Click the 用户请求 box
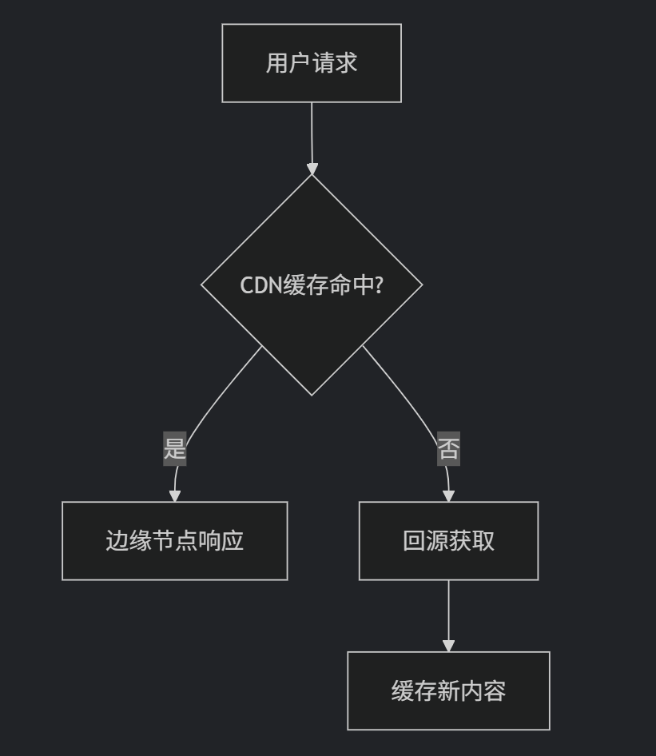point(312,63)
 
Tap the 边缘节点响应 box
point(174,541)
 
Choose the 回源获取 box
point(448,541)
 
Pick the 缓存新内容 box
point(448,690)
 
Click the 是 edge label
point(175,448)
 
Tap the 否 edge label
point(448,448)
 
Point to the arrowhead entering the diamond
point(312,169)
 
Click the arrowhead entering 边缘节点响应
point(175,495)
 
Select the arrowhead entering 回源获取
point(448,495)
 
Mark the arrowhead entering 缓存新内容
point(448,645)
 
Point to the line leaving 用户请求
point(312,132)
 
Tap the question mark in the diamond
point(378,285)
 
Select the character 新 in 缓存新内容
point(448,690)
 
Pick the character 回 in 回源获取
point(414,541)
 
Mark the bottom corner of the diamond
point(312,394)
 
